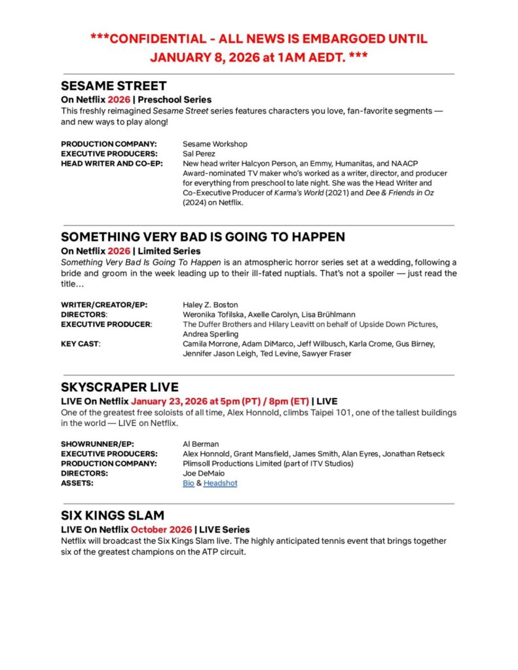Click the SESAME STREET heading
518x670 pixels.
point(113,86)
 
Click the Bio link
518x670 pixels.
point(188,483)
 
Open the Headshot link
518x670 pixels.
point(220,483)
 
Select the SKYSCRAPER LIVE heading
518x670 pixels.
point(119,387)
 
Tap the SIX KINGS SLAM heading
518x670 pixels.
point(112,515)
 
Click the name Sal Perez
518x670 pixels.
point(200,153)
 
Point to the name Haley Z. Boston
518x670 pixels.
point(210,304)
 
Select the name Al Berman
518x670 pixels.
point(200,444)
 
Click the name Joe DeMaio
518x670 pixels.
point(204,473)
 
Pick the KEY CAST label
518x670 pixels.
point(81,344)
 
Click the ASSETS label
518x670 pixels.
point(77,483)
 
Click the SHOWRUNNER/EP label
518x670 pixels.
point(97,444)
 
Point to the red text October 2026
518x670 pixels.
point(161,529)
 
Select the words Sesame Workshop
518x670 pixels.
point(215,143)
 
